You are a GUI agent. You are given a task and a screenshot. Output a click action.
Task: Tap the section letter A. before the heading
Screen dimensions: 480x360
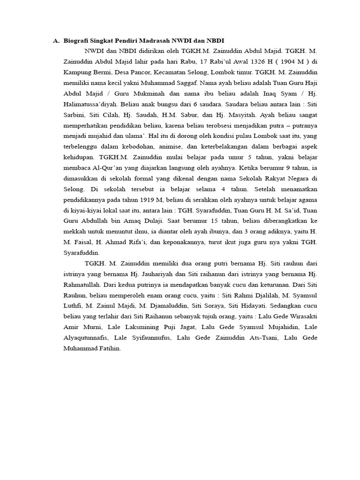pyautogui.click(x=56, y=41)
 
